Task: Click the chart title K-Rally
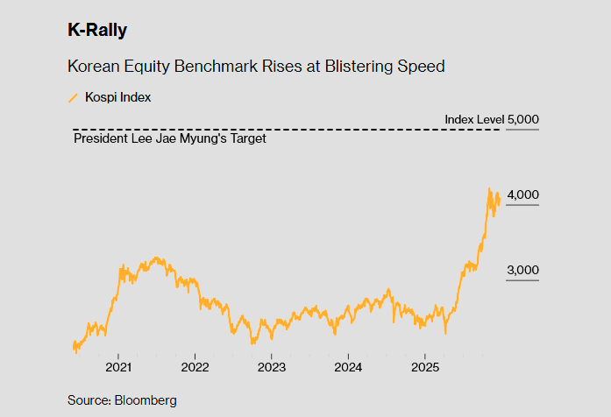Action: coord(97,31)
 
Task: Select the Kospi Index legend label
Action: coord(117,97)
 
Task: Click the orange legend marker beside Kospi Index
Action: coord(73,97)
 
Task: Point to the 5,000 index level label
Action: coord(522,119)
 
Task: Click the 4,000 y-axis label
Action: coord(523,194)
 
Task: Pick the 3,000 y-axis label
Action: coord(523,270)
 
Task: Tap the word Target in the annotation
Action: coord(247,138)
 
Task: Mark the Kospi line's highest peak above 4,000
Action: coord(489,187)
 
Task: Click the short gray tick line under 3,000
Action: coord(522,280)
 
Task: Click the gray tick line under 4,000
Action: coord(522,205)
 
